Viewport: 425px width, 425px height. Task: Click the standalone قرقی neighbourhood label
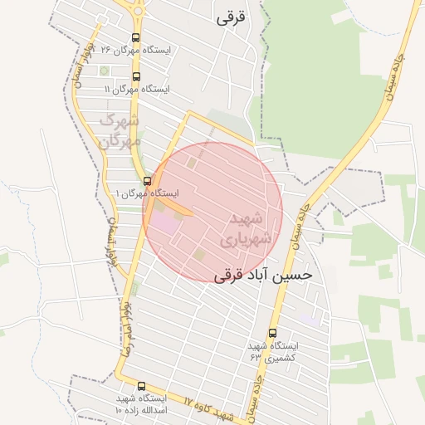pyautogui.click(x=231, y=17)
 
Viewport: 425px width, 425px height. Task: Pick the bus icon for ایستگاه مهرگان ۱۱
pyautogui.click(x=135, y=77)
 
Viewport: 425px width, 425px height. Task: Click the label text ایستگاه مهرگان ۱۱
pyautogui.click(x=137, y=89)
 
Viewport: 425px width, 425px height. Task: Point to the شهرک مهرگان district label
pyautogui.click(x=121, y=131)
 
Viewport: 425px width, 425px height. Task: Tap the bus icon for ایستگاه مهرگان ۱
pyautogui.click(x=147, y=181)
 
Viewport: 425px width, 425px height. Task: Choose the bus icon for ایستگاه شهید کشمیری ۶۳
pyautogui.click(x=272, y=333)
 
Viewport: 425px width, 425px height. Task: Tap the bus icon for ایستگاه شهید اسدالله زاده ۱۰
pyautogui.click(x=140, y=386)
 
